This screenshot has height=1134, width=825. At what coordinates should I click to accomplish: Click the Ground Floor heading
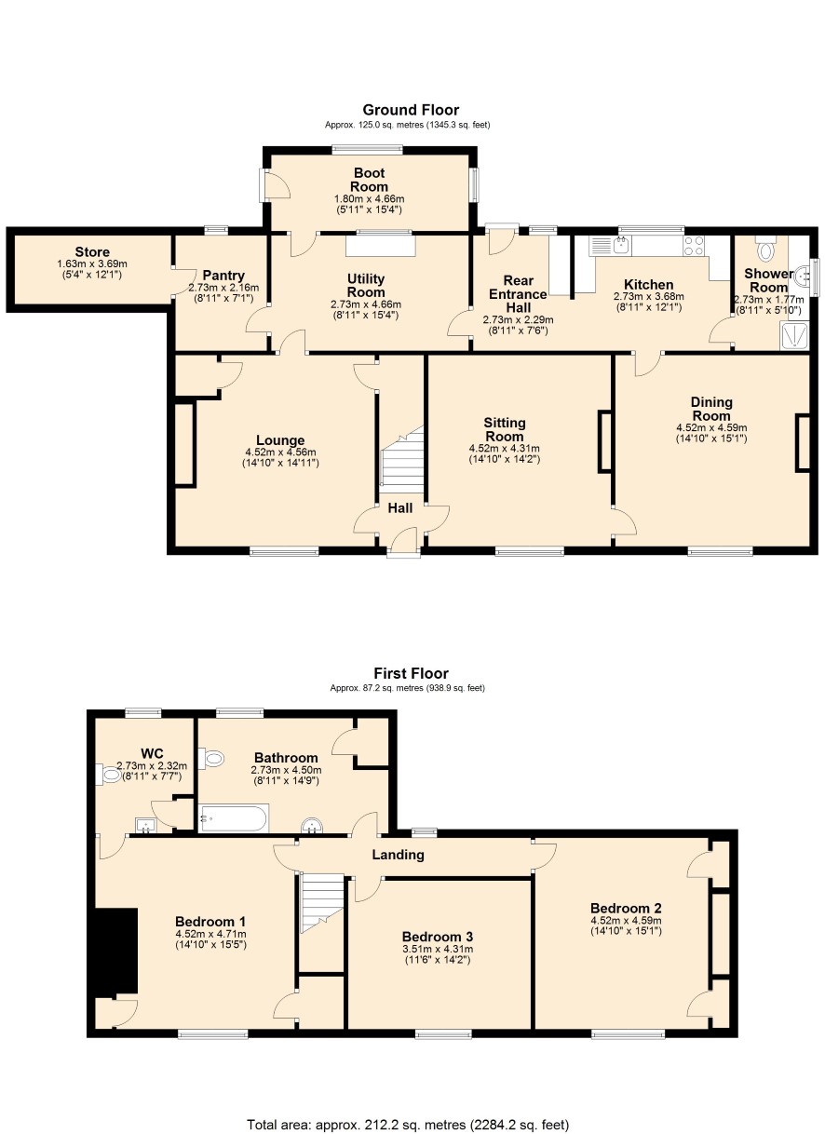411,110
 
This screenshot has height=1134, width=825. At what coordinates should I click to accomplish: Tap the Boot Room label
369,180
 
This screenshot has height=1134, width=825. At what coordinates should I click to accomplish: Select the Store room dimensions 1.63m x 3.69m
92,263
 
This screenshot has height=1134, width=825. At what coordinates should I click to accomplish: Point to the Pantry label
223,276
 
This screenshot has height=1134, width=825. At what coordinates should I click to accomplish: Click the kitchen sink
621,245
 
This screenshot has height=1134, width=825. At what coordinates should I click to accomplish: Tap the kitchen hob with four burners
694,246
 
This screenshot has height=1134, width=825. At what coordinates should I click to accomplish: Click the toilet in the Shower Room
764,248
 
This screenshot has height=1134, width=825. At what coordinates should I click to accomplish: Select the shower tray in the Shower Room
794,335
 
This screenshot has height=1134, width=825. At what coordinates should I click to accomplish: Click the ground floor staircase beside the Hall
402,460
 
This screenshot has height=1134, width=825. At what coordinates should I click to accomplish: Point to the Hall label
400,507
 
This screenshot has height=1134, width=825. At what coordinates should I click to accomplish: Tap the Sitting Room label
505,429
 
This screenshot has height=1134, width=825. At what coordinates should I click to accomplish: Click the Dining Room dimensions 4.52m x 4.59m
711,427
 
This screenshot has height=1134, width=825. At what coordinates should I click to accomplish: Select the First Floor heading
411,673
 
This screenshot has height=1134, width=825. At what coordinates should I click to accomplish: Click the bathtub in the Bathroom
234,818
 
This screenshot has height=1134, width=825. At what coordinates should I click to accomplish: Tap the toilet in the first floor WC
108,775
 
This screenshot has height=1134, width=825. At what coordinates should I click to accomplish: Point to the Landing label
398,855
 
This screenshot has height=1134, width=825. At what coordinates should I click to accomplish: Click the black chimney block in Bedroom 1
116,952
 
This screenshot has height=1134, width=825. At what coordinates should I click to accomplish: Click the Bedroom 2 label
626,908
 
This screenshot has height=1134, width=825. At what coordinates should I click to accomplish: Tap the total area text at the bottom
408,1125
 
